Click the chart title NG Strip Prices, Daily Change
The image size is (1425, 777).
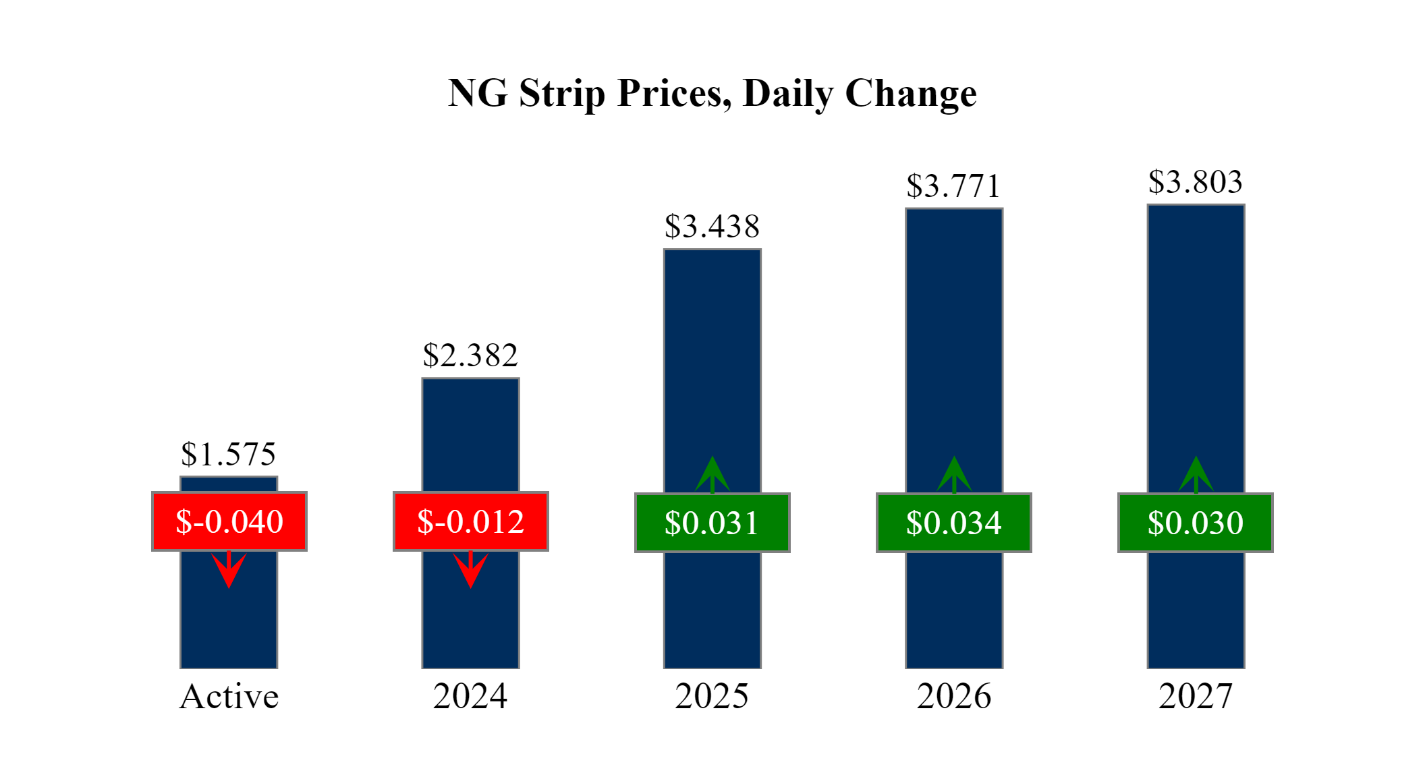[712, 93]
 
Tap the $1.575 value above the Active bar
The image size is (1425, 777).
[229, 454]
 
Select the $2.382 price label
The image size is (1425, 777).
[470, 355]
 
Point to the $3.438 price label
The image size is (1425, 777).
[712, 227]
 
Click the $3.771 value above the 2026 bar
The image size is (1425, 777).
[953, 186]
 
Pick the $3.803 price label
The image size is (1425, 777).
[1196, 182]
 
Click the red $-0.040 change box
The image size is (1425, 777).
[229, 521]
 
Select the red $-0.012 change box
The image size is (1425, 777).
[471, 521]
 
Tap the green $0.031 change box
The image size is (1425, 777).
[712, 523]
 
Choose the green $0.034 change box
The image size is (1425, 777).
[953, 523]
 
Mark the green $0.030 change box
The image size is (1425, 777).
[1196, 523]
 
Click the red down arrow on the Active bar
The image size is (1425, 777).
[229, 571]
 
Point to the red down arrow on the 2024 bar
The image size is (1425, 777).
[470, 571]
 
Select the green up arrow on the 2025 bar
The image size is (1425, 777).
[712, 474]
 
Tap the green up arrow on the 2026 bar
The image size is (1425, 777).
[954, 474]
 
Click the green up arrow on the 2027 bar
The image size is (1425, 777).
[1196, 474]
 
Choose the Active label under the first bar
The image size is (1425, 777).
[229, 696]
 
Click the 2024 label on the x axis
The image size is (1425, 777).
[470, 696]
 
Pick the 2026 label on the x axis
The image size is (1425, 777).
[954, 696]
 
